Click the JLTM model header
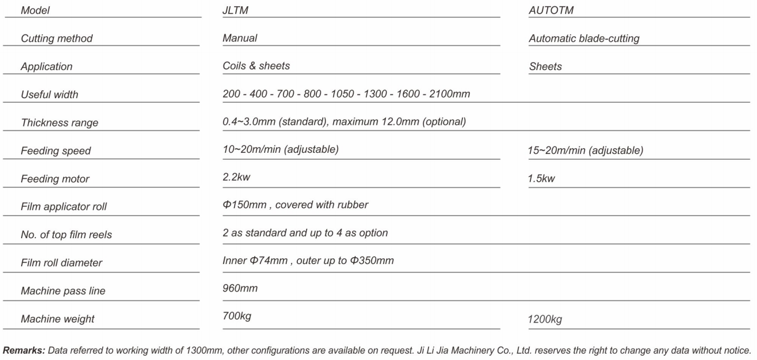click(235, 11)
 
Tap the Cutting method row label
click(56, 38)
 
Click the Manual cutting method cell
click(240, 38)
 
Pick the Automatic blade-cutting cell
click(584, 39)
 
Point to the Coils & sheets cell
click(256, 66)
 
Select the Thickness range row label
click(60, 123)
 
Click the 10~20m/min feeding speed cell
click(280, 150)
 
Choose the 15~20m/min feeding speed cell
click(585, 151)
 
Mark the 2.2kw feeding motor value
click(236, 178)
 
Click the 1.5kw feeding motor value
click(541, 179)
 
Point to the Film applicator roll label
click(64, 207)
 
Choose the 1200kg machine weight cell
click(545, 319)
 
